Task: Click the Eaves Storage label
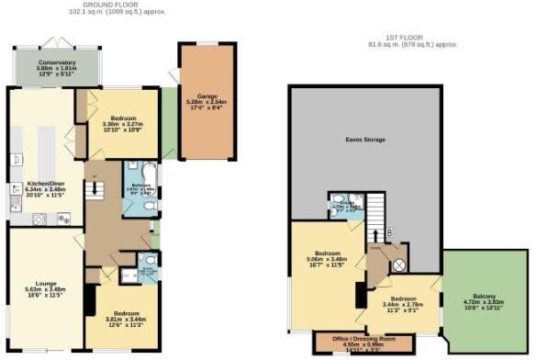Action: tap(366, 140)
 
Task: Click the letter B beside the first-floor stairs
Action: tap(390, 232)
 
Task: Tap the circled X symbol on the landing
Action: tap(399, 264)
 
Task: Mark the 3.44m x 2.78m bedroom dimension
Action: tap(404, 305)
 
